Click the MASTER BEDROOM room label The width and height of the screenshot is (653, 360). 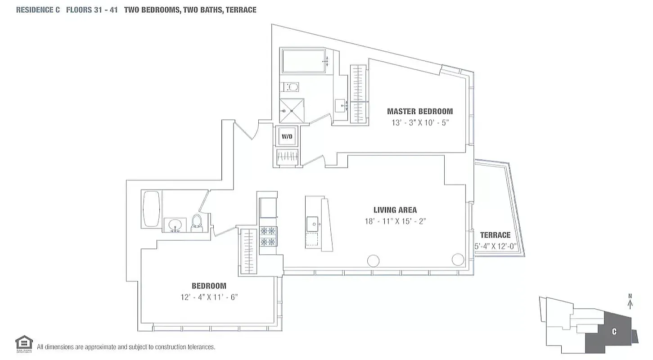coord(420,111)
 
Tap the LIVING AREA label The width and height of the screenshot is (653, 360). coord(395,210)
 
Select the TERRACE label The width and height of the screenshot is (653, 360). coord(495,235)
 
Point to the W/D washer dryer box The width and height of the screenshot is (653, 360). coord(287,136)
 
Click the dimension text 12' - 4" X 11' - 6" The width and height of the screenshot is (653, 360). coord(209,297)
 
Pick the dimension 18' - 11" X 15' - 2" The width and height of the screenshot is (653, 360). coord(395,221)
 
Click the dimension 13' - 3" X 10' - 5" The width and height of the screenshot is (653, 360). coord(420,122)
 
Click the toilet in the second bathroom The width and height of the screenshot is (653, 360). coord(197,222)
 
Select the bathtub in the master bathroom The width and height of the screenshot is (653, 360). coord(304,62)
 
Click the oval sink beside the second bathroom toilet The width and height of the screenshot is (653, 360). coord(175,225)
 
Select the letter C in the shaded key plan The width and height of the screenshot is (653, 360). coord(614,332)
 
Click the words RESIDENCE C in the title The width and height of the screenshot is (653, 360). coord(38,9)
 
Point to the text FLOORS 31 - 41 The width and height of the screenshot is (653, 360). coord(92,9)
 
